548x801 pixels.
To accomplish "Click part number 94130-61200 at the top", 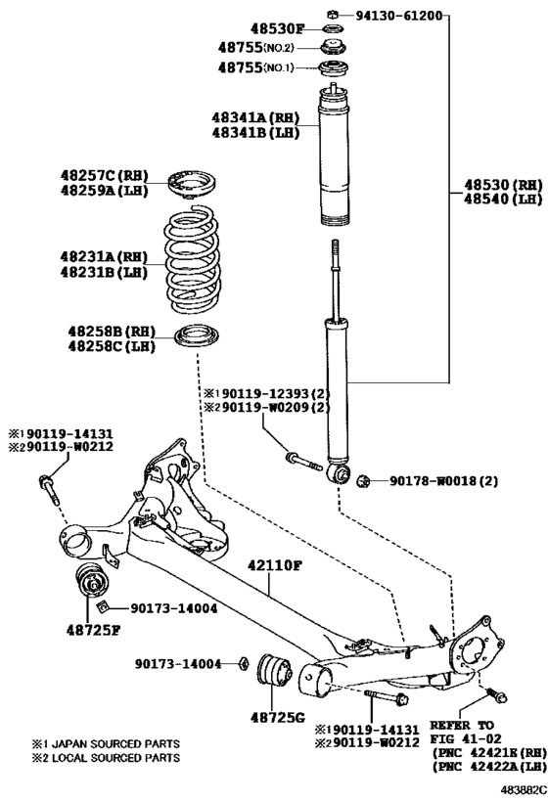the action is [x=398, y=16].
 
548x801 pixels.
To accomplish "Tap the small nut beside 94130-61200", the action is [x=332, y=14].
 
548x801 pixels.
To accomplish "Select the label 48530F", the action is [x=277, y=28].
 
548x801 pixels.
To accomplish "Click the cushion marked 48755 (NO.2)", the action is [x=334, y=47].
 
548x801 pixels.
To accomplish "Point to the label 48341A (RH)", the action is [x=255, y=117].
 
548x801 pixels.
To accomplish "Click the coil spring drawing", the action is [x=193, y=259].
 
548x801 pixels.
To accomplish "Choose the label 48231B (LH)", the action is [x=104, y=272].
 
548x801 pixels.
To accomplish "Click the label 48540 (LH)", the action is [x=503, y=199].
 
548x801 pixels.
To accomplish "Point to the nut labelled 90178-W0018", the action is [x=363, y=481].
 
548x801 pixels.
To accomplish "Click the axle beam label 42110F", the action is [x=275, y=565].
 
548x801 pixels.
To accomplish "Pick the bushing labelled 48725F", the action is [x=92, y=581].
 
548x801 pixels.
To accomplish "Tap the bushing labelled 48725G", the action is [x=273, y=669].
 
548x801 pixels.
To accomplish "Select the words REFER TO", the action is [x=462, y=725].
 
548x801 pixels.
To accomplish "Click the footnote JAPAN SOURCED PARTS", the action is [x=116, y=743].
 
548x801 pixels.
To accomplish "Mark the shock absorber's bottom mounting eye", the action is [x=339, y=473].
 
